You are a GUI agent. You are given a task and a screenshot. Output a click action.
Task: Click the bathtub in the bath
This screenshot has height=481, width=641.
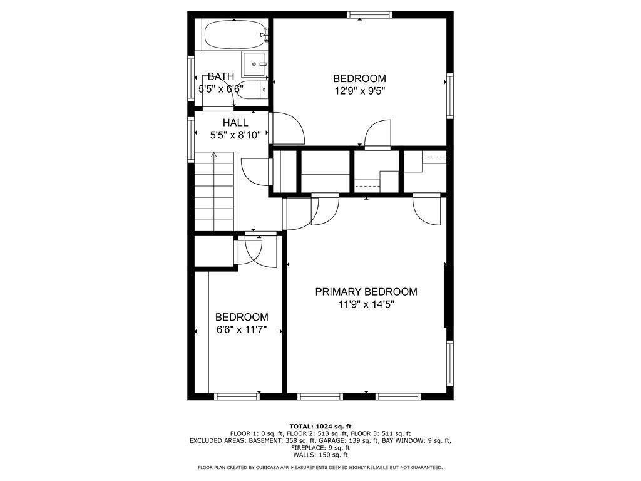coord(235,34)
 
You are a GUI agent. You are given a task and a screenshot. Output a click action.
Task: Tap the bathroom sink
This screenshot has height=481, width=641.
coord(254,65)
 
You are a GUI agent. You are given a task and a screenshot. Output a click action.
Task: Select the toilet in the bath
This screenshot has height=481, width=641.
coord(252,90)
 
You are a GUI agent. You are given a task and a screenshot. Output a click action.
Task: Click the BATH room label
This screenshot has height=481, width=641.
coord(221,76)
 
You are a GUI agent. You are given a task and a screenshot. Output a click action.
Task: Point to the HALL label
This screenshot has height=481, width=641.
coord(235,123)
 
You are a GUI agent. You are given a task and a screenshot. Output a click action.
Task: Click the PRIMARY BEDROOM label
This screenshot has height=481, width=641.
coord(366,292)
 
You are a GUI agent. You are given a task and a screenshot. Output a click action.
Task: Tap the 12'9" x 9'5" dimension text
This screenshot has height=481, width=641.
coord(360,91)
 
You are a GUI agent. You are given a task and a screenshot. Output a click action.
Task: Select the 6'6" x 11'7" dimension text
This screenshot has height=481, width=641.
coord(242,329)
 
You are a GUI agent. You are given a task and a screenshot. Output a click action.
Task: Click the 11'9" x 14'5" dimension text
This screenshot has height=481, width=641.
coord(366,304)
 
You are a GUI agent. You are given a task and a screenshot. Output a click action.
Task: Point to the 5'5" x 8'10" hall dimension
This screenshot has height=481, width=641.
coord(235,135)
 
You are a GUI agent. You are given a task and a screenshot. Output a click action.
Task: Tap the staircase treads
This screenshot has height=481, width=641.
coord(214,192)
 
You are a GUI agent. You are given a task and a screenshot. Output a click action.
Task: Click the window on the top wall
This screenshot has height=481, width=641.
coord(369,15)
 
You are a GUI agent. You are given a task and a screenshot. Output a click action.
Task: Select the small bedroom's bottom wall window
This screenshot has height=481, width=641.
coord(237,396)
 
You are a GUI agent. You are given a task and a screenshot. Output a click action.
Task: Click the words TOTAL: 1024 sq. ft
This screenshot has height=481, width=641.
coord(320,426)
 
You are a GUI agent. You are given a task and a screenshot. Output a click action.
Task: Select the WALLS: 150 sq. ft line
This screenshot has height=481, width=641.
coord(320,455)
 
